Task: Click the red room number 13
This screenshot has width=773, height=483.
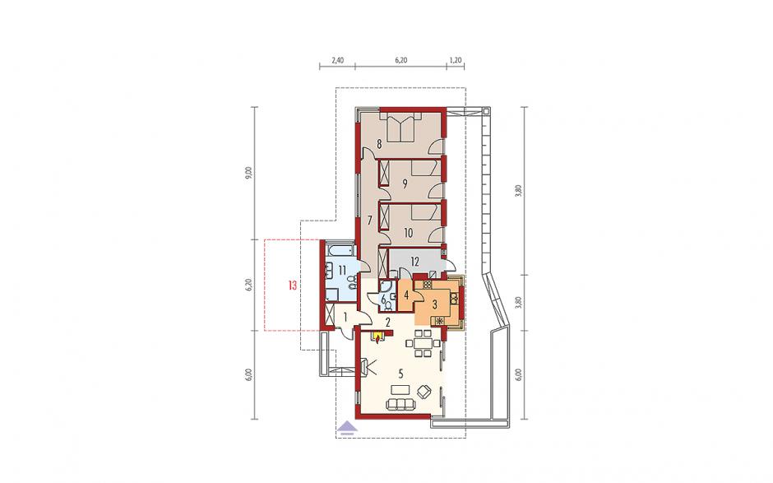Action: [x=293, y=286]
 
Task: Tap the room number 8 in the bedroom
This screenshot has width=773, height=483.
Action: [x=379, y=144]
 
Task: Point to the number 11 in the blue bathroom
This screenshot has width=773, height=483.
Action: [x=341, y=269]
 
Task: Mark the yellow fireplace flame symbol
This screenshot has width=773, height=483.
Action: [x=378, y=337]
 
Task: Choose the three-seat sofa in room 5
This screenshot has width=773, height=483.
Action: [x=400, y=405]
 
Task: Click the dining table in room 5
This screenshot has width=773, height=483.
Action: [x=423, y=343]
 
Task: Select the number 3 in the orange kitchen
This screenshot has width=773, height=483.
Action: [x=435, y=304]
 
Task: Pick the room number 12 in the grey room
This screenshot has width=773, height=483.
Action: [x=414, y=262]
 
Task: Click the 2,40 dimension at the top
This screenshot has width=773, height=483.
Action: [x=337, y=61]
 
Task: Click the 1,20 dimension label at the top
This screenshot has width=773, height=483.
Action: [x=456, y=61]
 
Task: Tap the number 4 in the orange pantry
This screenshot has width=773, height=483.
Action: [x=406, y=295]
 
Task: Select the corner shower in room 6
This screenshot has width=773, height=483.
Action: [x=383, y=286]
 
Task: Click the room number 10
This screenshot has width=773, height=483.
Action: [x=408, y=232]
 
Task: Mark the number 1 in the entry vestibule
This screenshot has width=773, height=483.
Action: [x=345, y=317]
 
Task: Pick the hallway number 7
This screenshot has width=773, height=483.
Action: [x=369, y=221]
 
